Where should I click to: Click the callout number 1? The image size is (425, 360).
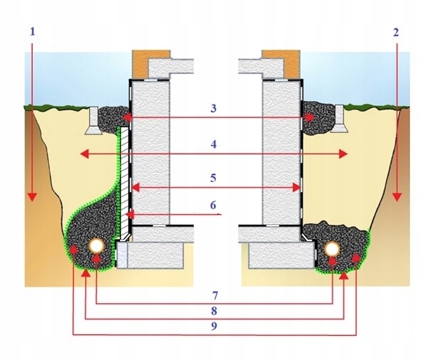click(x=33, y=32)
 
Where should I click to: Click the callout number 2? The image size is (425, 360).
click(x=396, y=32)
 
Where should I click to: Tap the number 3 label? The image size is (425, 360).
click(x=214, y=108)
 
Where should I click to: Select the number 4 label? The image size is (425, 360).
click(x=214, y=144)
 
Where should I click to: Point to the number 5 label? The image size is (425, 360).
click(x=213, y=179)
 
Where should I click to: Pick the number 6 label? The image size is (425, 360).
click(x=213, y=205)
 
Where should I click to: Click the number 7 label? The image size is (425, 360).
click(x=215, y=295)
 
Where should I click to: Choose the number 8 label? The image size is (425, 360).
click(x=214, y=311)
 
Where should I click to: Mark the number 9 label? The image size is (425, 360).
click(x=214, y=326)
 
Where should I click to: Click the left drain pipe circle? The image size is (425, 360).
click(x=97, y=245)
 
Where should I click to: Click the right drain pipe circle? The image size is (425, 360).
click(x=333, y=249)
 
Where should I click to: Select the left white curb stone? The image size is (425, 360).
click(x=94, y=121)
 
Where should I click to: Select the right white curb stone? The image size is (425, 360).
click(x=339, y=119)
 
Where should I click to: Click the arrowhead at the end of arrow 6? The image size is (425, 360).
click(x=130, y=215)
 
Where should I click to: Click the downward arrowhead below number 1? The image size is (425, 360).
click(x=32, y=197)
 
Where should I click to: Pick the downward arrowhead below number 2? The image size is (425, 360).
click(x=397, y=197)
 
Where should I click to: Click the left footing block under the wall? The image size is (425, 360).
click(x=151, y=255)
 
